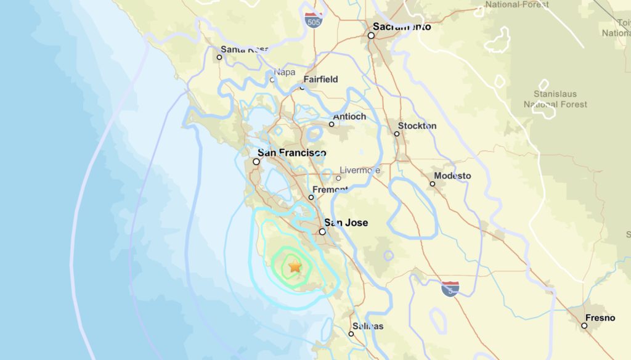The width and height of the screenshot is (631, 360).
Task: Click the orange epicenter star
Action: tap(295, 266)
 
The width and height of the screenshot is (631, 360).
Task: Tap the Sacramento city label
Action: tap(402, 27)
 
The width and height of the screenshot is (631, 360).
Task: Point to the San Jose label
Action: tap(346, 223)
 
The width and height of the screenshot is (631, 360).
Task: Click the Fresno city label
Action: tap(600, 317)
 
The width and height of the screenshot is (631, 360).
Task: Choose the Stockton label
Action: tap(417, 126)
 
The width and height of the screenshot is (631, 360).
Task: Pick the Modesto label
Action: tap(452, 176)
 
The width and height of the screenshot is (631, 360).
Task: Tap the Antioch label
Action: tap(349, 117)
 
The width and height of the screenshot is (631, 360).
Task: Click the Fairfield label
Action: tap(320, 80)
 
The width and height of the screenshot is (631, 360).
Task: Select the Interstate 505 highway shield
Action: tap(314, 20)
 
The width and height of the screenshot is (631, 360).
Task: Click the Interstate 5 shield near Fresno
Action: tap(450, 288)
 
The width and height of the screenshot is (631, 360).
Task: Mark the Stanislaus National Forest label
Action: tap(555, 99)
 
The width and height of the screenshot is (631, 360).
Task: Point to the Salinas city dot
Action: tap(351, 334)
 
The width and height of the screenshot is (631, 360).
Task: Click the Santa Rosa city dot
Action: tap(219, 57)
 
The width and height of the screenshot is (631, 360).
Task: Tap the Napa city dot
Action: tap(272, 80)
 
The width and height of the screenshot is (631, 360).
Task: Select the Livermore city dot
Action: tap(338, 178)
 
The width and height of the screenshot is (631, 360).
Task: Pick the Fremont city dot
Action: tap(311, 197)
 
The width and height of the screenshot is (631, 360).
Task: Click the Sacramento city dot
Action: tap(371, 36)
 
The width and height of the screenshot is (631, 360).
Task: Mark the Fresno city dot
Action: tap(584, 325)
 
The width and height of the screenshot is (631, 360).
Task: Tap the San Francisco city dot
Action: tap(256, 162)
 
